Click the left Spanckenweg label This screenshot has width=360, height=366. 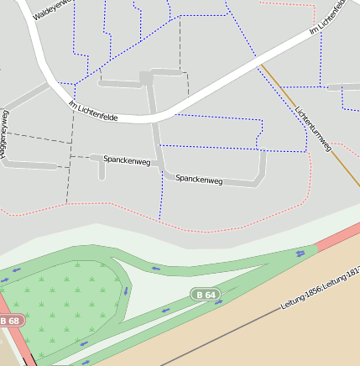coord(126,159)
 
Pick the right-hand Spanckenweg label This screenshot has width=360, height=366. coord(199,179)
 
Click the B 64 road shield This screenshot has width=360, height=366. coord(205,295)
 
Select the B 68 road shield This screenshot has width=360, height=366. coord(10,321)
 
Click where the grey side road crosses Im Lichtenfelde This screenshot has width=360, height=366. coord(152,117)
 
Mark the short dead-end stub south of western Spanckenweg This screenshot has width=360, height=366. coord(102,170)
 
